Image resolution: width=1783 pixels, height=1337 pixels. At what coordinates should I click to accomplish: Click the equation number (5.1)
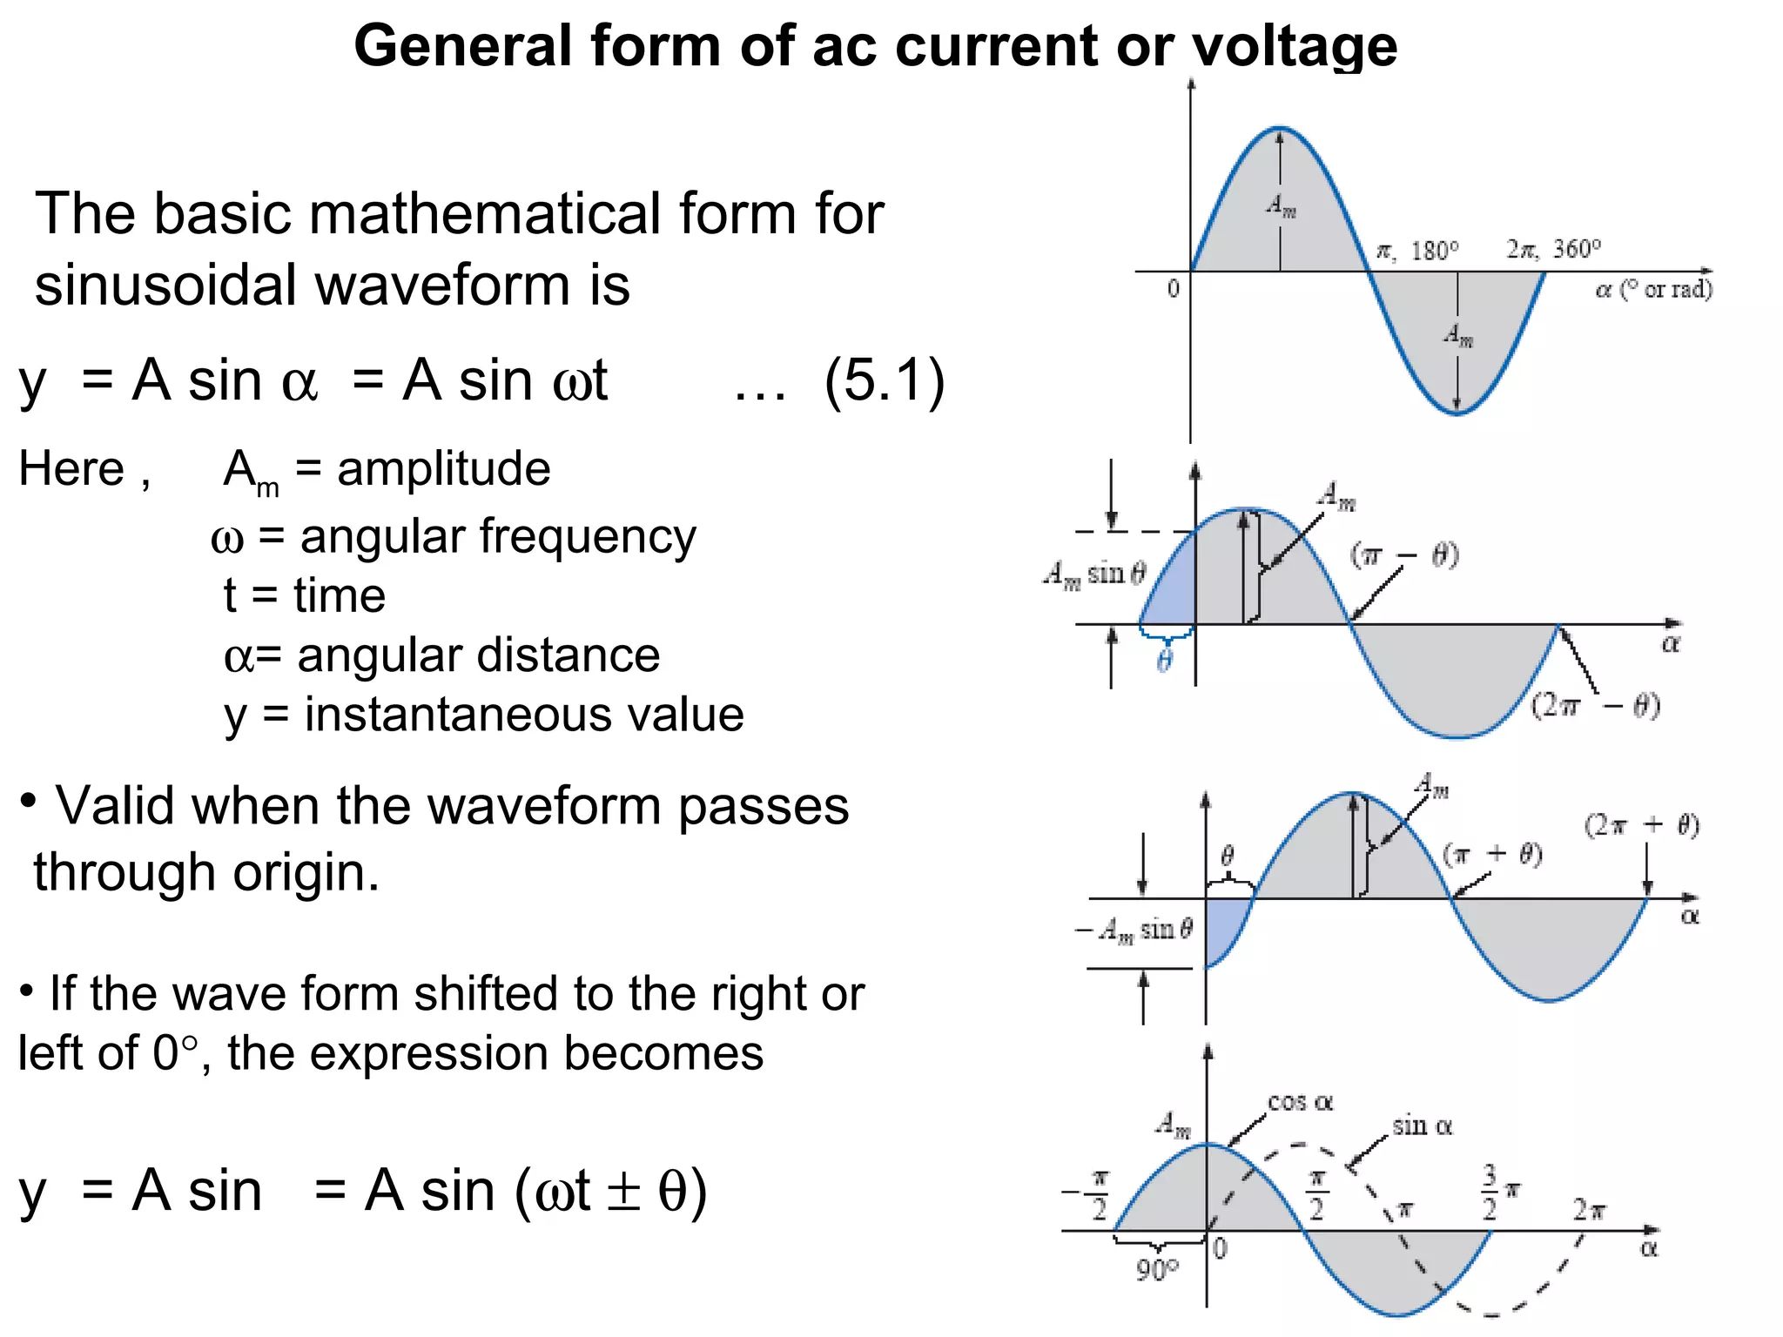coord(885,380)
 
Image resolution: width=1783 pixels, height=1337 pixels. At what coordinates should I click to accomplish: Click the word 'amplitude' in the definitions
coord(443,469)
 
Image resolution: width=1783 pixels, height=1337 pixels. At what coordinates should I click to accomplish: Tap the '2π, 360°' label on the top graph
coord(1554,250)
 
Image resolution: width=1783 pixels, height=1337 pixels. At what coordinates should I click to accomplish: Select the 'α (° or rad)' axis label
coord(1653,289)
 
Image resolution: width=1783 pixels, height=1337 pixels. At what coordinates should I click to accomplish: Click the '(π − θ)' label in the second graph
coord(1404,554)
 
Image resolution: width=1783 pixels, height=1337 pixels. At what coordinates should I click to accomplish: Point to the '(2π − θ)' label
coord(1595,705)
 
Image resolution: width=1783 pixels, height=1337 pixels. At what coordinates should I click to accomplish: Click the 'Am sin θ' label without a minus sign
coord(1094,574)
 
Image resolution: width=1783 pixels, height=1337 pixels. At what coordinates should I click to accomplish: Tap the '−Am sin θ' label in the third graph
coord(1134,931)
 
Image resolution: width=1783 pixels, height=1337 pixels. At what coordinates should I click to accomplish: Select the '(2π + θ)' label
coord(1641,824)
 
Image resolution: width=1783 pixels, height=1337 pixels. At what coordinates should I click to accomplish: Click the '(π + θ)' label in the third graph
coord(1492,854)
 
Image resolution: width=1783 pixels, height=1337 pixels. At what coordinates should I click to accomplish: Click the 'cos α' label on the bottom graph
coord(1300,1103)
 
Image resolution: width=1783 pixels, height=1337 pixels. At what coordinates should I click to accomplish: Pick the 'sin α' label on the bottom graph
coord(1422,1126)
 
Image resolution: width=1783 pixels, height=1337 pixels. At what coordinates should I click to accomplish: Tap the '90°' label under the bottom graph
coord(1156,1270)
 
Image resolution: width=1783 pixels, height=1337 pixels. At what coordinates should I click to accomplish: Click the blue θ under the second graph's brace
coord(1165,662)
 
